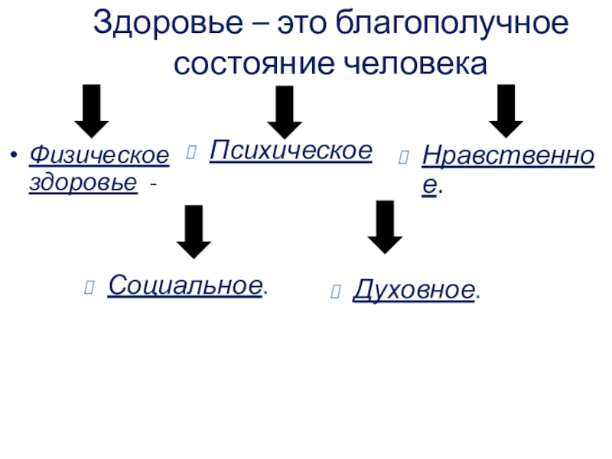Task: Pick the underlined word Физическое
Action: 99,155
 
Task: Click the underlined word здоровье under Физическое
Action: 83,184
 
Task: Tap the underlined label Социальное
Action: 185,285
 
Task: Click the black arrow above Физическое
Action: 91,110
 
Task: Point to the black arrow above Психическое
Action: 285,112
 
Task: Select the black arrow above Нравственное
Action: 506,110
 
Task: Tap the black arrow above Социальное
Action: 194,232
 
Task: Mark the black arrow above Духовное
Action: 385,227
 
